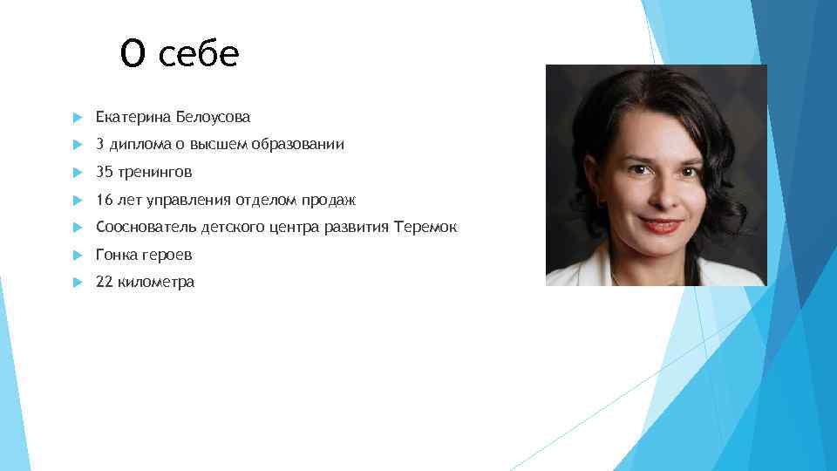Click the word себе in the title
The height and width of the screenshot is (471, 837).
coord(199,54)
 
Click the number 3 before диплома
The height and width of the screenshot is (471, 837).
coord(100,144)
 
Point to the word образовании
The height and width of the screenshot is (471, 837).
coord(298,144)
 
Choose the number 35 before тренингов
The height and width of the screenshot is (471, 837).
coord(105,172)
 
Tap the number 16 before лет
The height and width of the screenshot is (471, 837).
coord(105,200)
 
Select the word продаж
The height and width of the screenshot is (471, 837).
coord(329,200)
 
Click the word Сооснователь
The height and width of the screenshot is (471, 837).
coord(146,228)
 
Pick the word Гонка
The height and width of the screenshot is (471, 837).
coord(117,255)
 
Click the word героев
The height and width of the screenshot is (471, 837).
coord(168,255)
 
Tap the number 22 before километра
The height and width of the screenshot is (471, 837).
coord(105,282)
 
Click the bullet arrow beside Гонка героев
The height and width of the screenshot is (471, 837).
coord(77,256)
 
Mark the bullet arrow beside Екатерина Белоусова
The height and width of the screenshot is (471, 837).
coord(77,117)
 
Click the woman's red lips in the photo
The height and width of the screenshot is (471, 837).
coord(662,225)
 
